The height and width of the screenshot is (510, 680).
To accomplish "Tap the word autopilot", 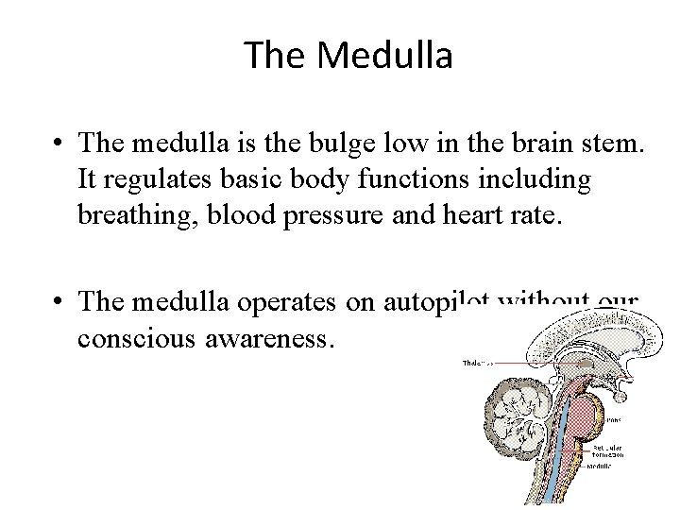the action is click(x=415, y=301).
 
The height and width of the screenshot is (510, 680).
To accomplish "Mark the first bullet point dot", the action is click(x=59, y=144).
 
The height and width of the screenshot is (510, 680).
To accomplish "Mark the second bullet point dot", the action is click(x=59, y=303).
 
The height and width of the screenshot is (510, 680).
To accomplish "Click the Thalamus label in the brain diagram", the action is click(x=476, y=363).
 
